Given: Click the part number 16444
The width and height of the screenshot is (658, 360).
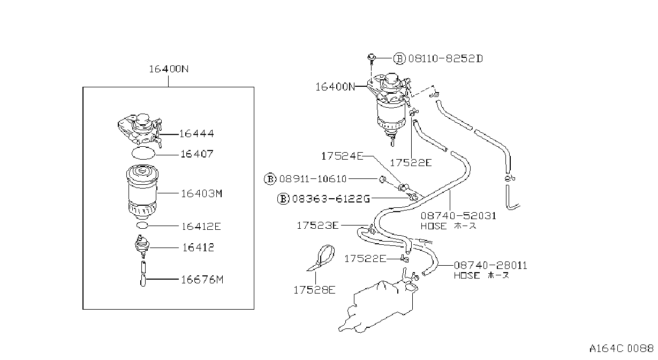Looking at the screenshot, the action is [196, 134].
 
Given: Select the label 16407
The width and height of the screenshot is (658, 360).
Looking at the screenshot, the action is [197, 154].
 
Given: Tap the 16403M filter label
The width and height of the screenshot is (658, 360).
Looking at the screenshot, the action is [201, 194].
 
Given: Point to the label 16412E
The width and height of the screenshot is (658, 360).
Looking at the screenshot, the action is [201, 227].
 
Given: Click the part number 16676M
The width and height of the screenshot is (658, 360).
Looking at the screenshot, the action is [202, 280].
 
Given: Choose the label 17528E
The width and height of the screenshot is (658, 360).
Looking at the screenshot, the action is [314, 290].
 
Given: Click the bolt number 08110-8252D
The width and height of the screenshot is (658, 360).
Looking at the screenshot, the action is [445, 59].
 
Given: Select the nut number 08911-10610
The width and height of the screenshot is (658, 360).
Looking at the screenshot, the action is [313, 179].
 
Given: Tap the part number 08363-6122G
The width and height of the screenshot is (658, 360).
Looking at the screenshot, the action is [331, 199].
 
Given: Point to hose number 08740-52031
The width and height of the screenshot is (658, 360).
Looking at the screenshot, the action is [458, 216].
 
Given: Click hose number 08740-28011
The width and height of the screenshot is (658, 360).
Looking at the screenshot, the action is [490, 266].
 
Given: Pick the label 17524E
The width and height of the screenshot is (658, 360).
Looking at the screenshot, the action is [342, 156].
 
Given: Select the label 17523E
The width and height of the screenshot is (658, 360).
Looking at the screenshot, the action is [317, 226].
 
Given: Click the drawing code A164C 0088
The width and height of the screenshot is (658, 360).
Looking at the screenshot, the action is [621, 349].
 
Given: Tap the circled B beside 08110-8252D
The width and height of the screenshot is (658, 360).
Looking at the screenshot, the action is [399, 59].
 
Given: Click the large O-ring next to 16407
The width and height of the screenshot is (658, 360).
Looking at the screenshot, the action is [143, 153].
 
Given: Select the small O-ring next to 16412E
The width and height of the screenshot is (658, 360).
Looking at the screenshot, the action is [142, 226].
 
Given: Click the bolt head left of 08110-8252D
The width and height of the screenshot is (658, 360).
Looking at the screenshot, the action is [372, 57].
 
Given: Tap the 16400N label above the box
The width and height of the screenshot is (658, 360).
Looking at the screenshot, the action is [169, 69].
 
